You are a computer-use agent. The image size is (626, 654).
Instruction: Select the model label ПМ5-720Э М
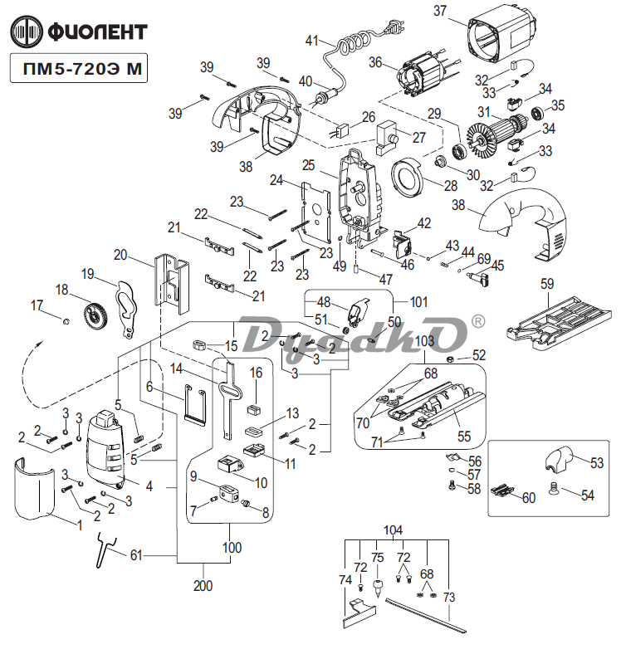click(x=79, y=70)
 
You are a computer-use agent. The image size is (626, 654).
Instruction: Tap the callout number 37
click(x=440, y=12)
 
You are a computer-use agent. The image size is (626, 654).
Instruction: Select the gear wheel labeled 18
click(x=96, y=315)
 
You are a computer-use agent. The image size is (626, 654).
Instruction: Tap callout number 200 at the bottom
click(x=203, y=586)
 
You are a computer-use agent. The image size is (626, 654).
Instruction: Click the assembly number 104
click(x=394, y=530)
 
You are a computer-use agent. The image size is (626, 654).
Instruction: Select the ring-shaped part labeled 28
click(x=407, y=178)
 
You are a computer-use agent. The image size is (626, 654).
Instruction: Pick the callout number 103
click(x=424, y=341)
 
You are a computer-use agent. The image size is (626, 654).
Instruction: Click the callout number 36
click(x=375, y=62)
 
